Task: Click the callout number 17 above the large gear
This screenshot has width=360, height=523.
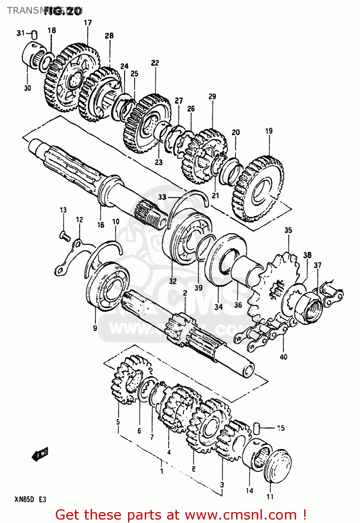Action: pyautogui.click(x=88, y=23)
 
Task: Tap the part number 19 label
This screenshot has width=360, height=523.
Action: pyautogui.click(x=269, y=131)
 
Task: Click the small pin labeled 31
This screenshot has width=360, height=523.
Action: pyautogui.click(x=34, y=35)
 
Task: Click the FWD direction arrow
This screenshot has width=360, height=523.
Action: pyautogui.click(x=40, y=455)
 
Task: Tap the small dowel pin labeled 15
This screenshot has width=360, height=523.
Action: pyautogui.click(x=257, y=428)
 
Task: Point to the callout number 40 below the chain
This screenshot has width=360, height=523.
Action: pyautogui.click(x=283, y=357)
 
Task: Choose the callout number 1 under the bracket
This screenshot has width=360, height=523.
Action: pyautogui.click(x=162, y=471)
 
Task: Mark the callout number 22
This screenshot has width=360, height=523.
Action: pyautogui.click(x=155, y=63)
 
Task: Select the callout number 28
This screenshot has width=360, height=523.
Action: pyautogui.click(x=109, y=36)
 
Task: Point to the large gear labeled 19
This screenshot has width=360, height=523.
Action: pyautogui.click(x=258, y=188)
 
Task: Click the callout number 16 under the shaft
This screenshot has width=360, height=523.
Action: pyautogui.click(x=100, y=225)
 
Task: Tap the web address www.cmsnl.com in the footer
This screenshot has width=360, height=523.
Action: pyautogui.click(x=240, y=515)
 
